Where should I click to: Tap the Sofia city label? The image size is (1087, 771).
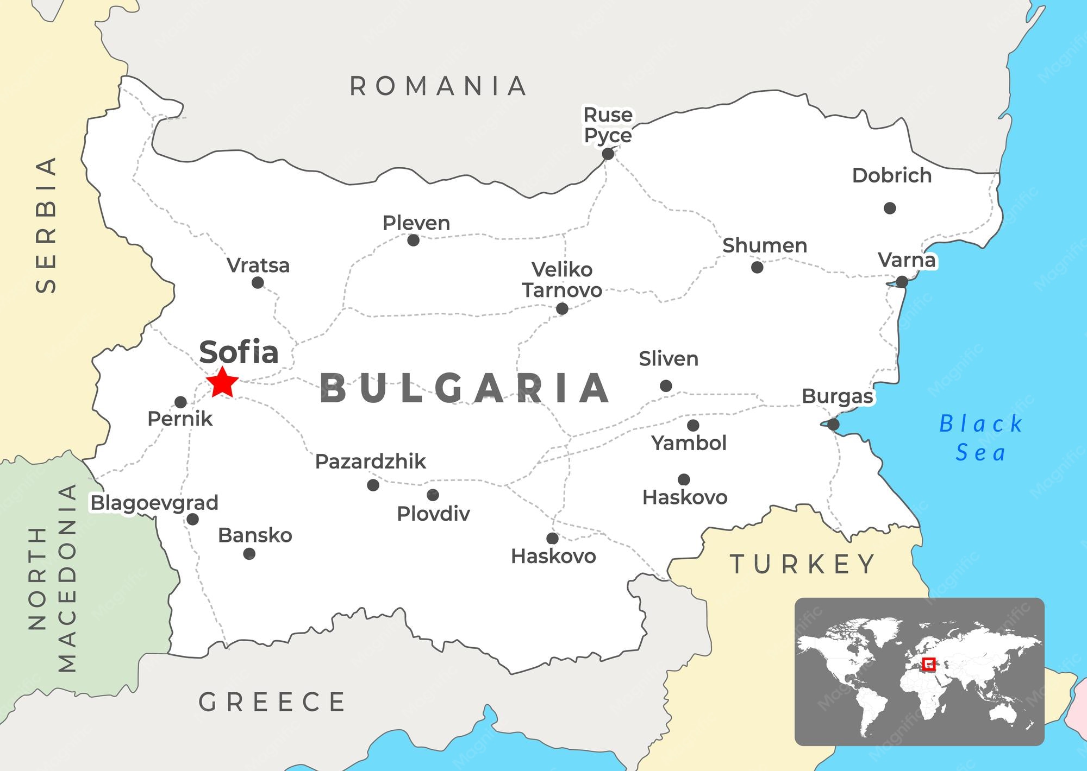(x=239, y=352)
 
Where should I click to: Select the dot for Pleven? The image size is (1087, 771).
(x=414, y=240)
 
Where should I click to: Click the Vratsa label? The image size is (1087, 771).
(x=258, y=266)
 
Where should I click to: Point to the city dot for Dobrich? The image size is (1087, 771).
(x=890, y=208)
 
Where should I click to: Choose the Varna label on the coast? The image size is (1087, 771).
(x=907, y=260)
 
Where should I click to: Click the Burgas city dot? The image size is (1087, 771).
(x=833, y=425)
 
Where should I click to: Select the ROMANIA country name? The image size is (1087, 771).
(x=438, y=86)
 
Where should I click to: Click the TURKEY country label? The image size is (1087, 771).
(x=802, y=565)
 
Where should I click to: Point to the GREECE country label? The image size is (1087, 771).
(x=272, y=702)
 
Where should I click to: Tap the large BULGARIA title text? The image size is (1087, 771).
(x=465, y=388)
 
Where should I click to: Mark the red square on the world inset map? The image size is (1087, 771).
(x=929, y=663)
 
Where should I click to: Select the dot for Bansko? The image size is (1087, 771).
(x=249, y=554)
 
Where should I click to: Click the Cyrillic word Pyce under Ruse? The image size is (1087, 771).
(x=608, y=135)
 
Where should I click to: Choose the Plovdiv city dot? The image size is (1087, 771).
(x=433, y=495)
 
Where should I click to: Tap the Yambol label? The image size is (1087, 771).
(x=689, y=443)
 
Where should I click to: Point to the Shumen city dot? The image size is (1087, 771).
(x=757, y=267)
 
